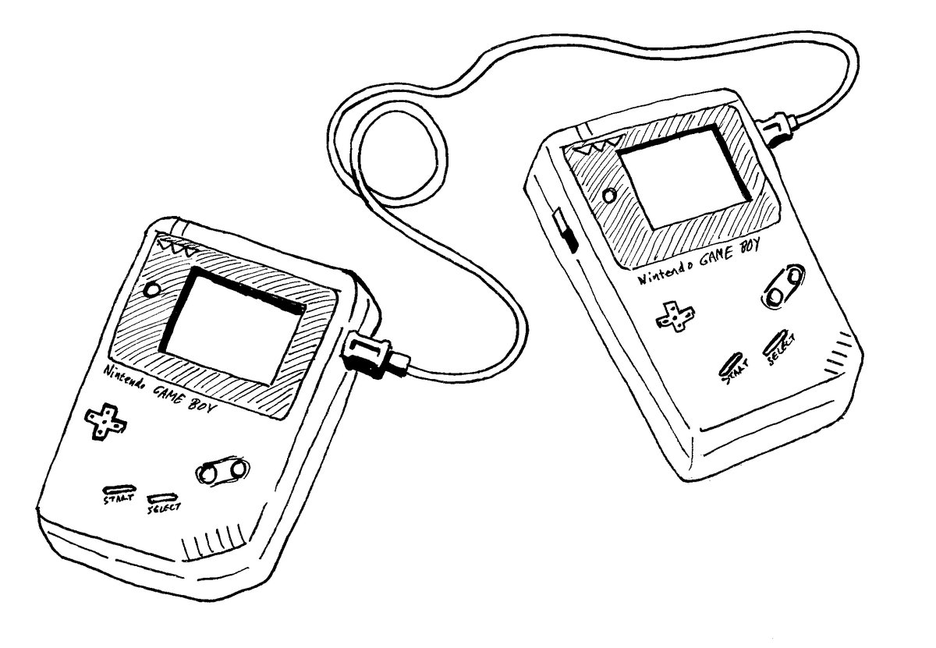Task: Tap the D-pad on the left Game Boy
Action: point(102,422)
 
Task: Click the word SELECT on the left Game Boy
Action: point(163,507)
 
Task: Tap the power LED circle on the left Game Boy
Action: point(153,290)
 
